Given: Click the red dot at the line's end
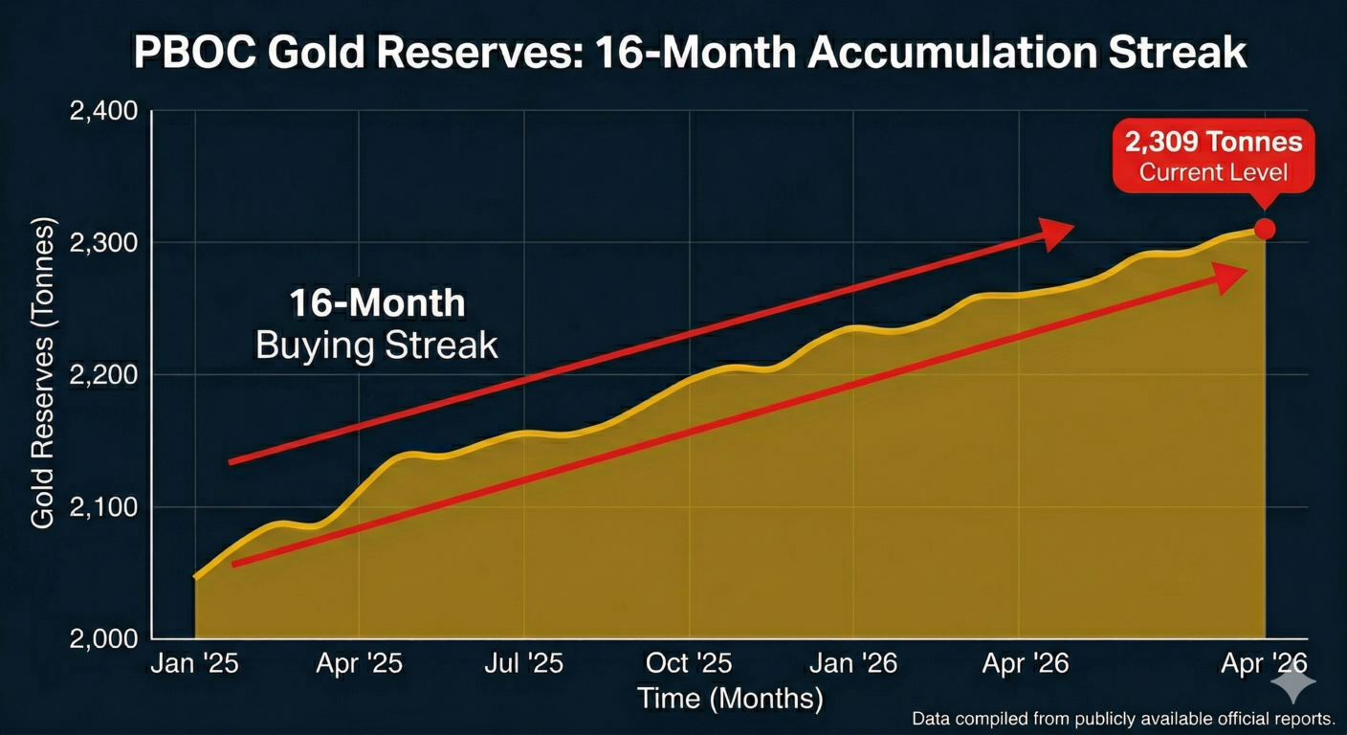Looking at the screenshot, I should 1264,229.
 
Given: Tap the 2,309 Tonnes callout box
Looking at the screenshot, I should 1213,156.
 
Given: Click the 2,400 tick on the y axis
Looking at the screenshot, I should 104,111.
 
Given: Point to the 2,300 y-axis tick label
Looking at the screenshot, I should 104,243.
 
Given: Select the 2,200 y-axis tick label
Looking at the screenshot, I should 104,374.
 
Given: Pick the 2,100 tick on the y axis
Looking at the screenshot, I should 104,506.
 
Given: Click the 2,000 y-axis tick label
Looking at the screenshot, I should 104,638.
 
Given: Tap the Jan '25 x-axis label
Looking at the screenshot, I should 194,664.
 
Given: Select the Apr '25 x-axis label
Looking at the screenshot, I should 360,664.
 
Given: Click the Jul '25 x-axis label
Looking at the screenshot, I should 523,664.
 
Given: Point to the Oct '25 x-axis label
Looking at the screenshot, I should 689,664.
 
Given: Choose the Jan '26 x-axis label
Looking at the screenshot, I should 853,664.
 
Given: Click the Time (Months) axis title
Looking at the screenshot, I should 730,699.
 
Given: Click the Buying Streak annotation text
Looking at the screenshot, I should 377,345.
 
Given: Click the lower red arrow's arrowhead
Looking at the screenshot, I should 1232,274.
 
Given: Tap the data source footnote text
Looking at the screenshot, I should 1122,718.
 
